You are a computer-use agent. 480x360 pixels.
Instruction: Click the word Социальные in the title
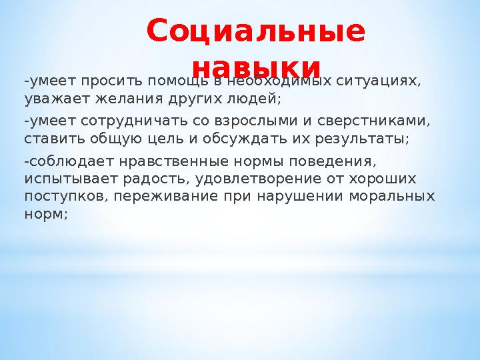256,31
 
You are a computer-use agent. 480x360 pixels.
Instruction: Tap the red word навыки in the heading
256,67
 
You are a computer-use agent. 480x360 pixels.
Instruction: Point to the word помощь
173,82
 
